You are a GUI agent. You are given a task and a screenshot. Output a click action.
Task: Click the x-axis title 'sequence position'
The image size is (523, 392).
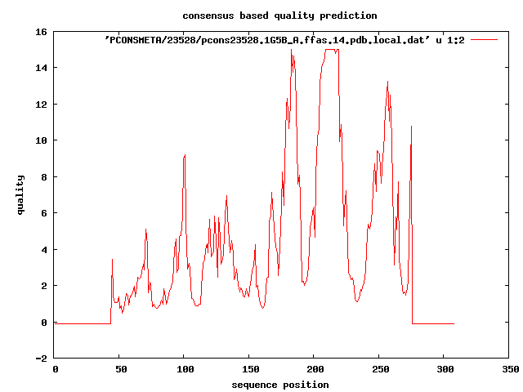280,385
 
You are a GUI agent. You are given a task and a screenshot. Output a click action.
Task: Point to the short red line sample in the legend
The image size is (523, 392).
485,39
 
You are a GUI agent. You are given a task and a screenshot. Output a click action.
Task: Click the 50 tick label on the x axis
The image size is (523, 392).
119,369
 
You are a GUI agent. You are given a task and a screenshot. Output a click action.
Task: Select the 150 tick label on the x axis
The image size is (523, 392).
249,369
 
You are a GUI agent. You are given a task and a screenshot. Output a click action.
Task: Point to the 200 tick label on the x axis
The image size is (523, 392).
315,369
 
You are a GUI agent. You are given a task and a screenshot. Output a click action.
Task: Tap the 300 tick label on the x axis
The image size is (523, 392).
445,369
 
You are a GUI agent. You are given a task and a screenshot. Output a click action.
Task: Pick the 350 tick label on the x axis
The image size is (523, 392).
509,369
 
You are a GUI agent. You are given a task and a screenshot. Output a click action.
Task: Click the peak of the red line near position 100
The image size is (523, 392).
186,155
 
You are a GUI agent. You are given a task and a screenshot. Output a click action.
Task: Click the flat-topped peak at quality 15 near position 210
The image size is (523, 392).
331,50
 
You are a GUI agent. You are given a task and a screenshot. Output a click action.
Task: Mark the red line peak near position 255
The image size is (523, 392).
387,82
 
